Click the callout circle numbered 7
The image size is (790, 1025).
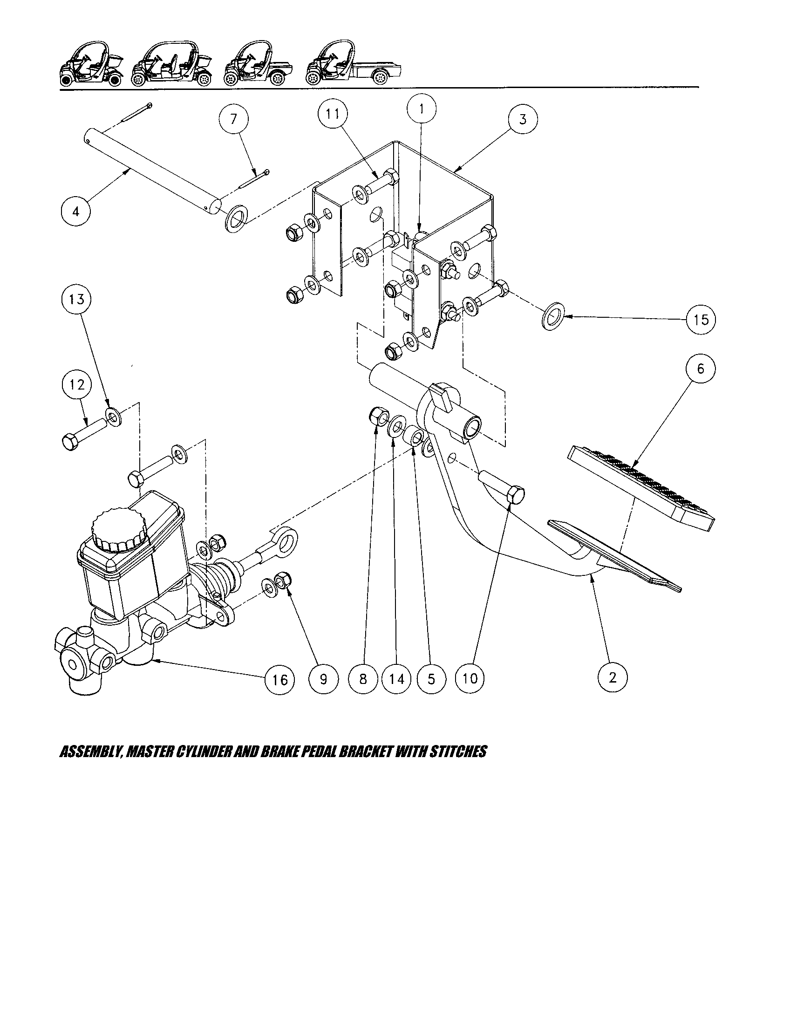click(x=234, y=119)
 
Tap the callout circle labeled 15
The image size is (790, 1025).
click(x=701, y=320)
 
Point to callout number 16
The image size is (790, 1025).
click(x=279, y=679)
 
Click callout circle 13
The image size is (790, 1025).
click(x=76, y=299)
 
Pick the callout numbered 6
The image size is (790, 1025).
click(x=701, y=369)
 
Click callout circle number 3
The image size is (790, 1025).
click(x=523, y=119)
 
